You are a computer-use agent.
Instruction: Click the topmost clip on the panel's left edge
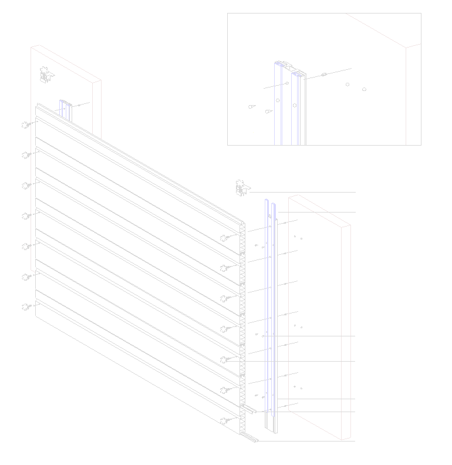[x=26, y=124]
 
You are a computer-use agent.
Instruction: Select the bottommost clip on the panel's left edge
[x=26, y=306]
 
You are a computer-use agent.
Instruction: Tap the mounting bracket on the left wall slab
[x=46, y=75]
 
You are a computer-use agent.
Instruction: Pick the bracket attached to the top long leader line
[x=241, y=188]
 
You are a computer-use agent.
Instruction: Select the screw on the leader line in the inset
[x=323, y=75]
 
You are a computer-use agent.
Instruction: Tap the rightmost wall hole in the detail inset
[x=365, y=90]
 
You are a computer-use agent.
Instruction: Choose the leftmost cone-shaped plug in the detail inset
[x=251, y=107]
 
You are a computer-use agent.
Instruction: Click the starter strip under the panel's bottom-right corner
[x=252, y=439]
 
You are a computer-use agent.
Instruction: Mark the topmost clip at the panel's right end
[x=225, y=238]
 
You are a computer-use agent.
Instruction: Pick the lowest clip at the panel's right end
[x=225, y=420]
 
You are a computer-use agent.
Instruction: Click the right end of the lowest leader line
[x=355, y=440]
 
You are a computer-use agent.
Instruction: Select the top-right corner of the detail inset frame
[x=421, y=14]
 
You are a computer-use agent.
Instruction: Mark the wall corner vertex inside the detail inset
[x=406, y=48]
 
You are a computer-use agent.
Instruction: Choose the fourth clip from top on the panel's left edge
[x=26, y=215]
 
